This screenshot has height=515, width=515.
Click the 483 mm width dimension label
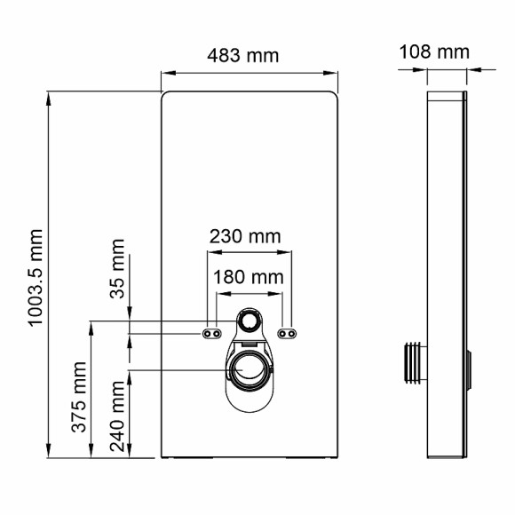(x=242, y=56)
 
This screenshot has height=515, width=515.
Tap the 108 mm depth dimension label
(x=433, y=51)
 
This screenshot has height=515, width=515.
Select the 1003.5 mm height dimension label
(x=36, y=277)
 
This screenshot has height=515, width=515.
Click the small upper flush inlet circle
(x=249, y=321)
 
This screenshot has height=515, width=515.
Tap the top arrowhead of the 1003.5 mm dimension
(x=50, y=95)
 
